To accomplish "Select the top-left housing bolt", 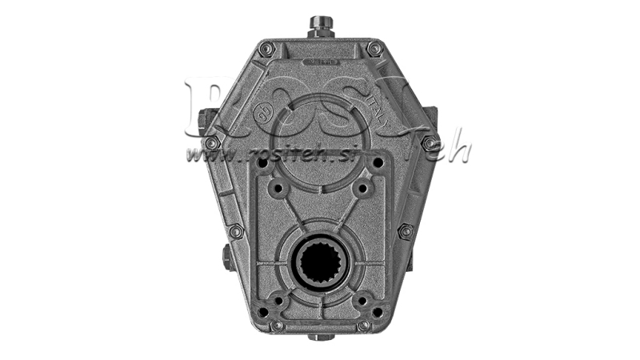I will click(x=266, y=49).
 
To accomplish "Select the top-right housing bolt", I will click(x=374, y=49).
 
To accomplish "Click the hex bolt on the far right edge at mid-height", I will click(x=430, y=144).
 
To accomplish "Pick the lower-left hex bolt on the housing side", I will click(x=235, y=231).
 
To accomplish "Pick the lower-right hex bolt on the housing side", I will click(x=406, y=231).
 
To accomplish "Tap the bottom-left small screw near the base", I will click(x=277, y=326).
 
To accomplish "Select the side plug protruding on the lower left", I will click(x=226, y=258).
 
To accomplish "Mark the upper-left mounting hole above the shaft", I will click(x=278, y=190).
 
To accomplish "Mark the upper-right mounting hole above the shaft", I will click(x=362, y=190).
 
